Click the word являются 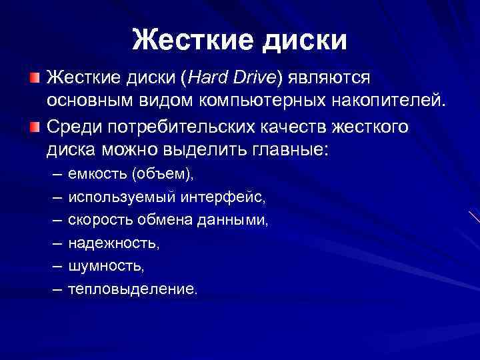pyautogui.click(x=327, y=79)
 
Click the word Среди pyautogui.click(x=73, y=125)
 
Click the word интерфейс pyautogui.click(x=226, y=197)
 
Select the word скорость pyautogui.click(x=101, y=220)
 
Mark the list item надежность pyautogui.click(x=114, y=243)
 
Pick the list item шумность pyautogui.click(x=106, y=266)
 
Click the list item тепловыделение pyautogui.click(x=133, y=289)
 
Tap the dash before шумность pyautogui.click(x=56, y=266)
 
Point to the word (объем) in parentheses pyautogui.click(x=162, y=174)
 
